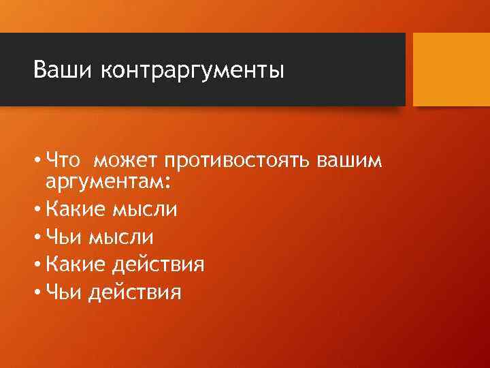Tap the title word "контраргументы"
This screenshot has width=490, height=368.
pos(193,71)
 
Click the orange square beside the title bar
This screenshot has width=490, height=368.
pos(451,70)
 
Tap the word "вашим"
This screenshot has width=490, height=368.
pos(348,161)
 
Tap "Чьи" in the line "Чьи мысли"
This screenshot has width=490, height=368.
pos(65,237)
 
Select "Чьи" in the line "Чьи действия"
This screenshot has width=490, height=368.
pos(65,292)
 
